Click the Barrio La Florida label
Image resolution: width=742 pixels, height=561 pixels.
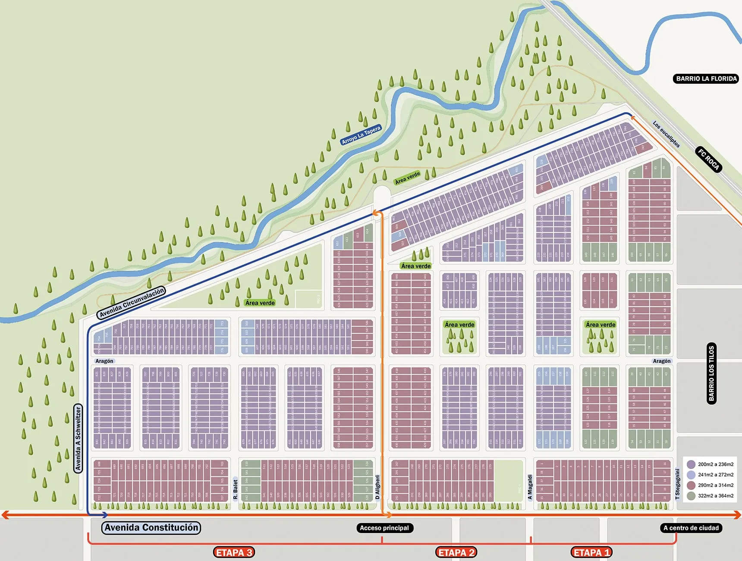(x=706, y=78)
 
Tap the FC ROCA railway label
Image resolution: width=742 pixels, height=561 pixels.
(x=709, y=160)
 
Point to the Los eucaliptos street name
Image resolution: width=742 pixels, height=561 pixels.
(x=666, y=134)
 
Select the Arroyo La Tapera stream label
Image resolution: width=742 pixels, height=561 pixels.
(x=362, y=135)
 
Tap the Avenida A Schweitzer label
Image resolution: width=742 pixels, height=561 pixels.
(x=78, y=439)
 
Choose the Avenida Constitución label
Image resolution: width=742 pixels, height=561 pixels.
(x=151, y=527)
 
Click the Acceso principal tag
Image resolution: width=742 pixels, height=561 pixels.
(x=384, y=528)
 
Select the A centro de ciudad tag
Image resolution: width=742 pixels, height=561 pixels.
(x=691, y=528)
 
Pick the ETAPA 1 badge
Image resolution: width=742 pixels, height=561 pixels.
(x=591, y=552)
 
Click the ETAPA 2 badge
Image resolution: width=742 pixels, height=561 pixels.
(x=456, y=552)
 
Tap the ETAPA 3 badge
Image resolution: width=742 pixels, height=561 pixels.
(x=234, y=552)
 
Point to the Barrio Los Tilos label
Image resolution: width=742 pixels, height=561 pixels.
(x=711, y=373)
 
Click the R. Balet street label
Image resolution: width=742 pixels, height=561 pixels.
(x=236, y=489)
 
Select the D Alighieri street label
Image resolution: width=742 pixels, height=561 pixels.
(x=377, y=487)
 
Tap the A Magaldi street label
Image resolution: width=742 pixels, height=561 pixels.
(x=530, y=487)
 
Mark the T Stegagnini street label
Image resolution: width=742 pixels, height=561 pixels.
(x=677, y=484)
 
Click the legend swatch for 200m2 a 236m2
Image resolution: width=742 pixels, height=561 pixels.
(x=691, y=464)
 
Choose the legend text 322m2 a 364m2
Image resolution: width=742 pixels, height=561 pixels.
(x=716, y=496)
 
